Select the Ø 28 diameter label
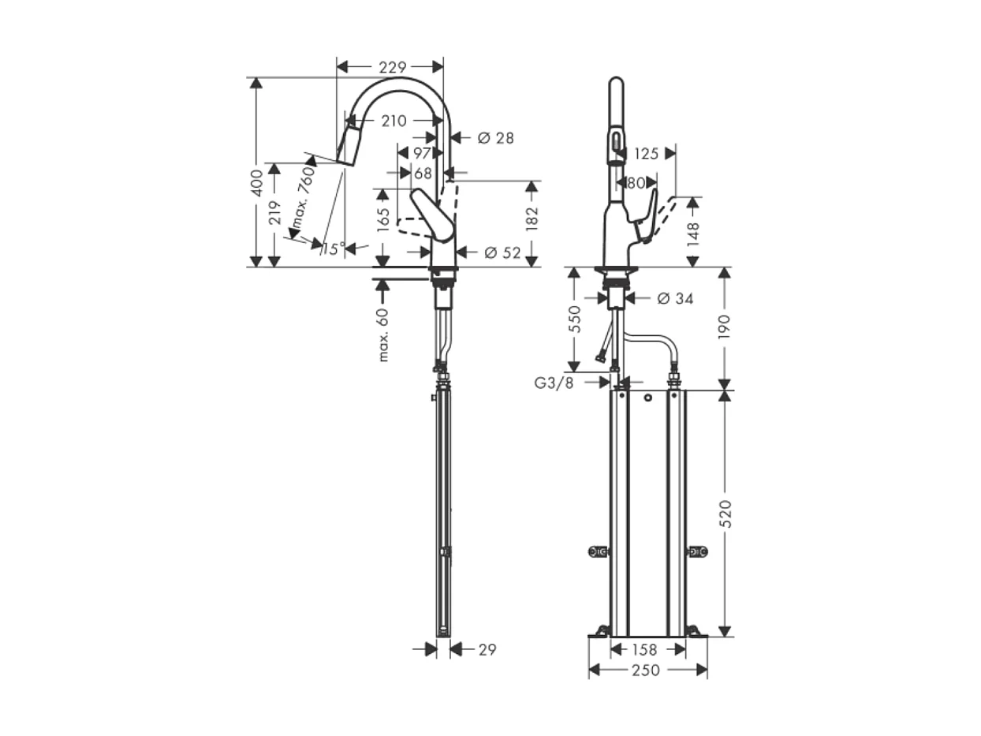[x=495, y=138]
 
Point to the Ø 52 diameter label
[x=502, y=252]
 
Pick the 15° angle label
[x=333, y=249]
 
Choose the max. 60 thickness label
[x=383, y=335]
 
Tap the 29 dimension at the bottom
[x=487, y=649]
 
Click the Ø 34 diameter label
[x=673, y=298]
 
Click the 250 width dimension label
[x=647, y=670]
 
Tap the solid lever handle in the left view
[x=433, y=215]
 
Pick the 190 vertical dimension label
[x=725, y=327]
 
